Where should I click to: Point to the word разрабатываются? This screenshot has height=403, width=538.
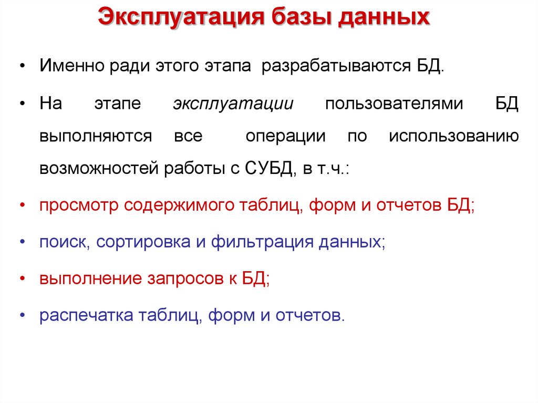(333, 67)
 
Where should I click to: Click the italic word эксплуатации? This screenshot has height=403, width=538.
(233, 103)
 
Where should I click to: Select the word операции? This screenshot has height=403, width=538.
(286, 136)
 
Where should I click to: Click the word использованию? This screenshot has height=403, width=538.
(454, 136)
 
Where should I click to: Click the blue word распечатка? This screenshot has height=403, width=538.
(85, 315)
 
